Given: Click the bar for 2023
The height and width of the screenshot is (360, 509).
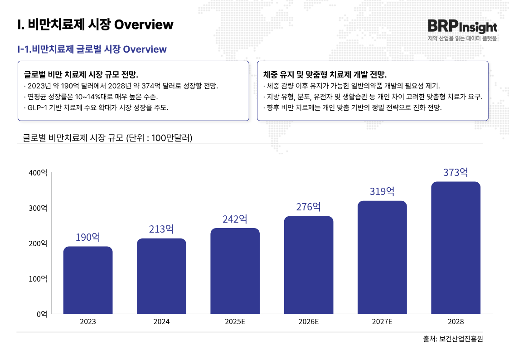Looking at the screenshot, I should click(88, 280).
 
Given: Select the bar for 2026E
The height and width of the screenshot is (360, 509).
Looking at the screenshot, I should click(309, 265).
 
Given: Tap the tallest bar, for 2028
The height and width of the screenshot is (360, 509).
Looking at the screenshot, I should click(456, 248).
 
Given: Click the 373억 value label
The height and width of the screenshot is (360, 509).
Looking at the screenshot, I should click(456, 172).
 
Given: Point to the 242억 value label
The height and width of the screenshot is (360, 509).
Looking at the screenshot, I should click(235, 219).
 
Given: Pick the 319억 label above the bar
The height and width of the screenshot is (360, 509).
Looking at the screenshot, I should click(382, 191).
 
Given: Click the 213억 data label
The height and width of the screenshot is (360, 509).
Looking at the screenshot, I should click(161, 229).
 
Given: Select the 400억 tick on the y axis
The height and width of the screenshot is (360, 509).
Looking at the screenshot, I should click(38, 173).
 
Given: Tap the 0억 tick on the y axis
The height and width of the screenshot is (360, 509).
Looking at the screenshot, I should click(41, 314).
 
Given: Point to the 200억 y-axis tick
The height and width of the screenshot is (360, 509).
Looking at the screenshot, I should click(38, 243).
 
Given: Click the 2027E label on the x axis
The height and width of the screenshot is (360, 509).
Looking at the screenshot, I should click(382, 322).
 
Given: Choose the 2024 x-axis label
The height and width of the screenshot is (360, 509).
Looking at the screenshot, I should click(161, 322).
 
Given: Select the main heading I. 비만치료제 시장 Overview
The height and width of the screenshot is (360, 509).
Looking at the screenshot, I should click(95, 24).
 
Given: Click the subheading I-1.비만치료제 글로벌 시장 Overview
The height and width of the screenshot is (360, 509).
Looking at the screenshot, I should click(92, 49).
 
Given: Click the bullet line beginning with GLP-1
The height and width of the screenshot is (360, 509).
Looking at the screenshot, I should click(96, 108).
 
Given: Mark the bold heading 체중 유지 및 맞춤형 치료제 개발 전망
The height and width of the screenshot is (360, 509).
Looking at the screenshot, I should click(325, 74).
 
